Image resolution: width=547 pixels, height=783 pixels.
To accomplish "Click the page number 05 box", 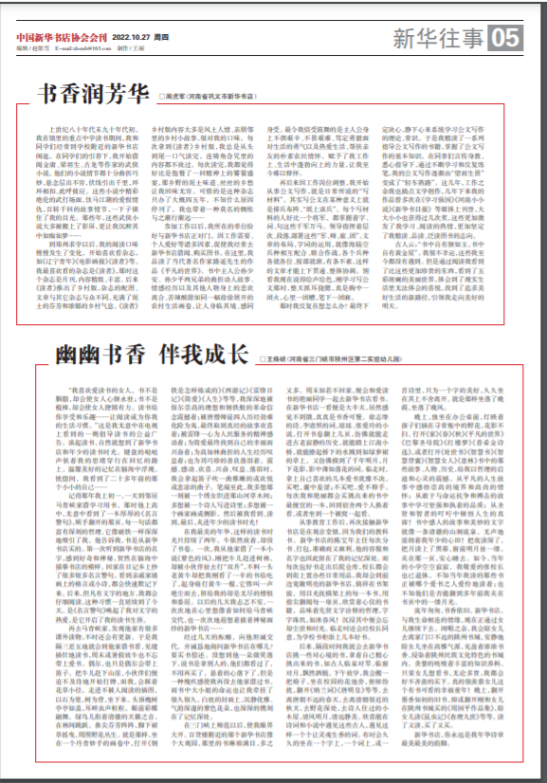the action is coord(505,38).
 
